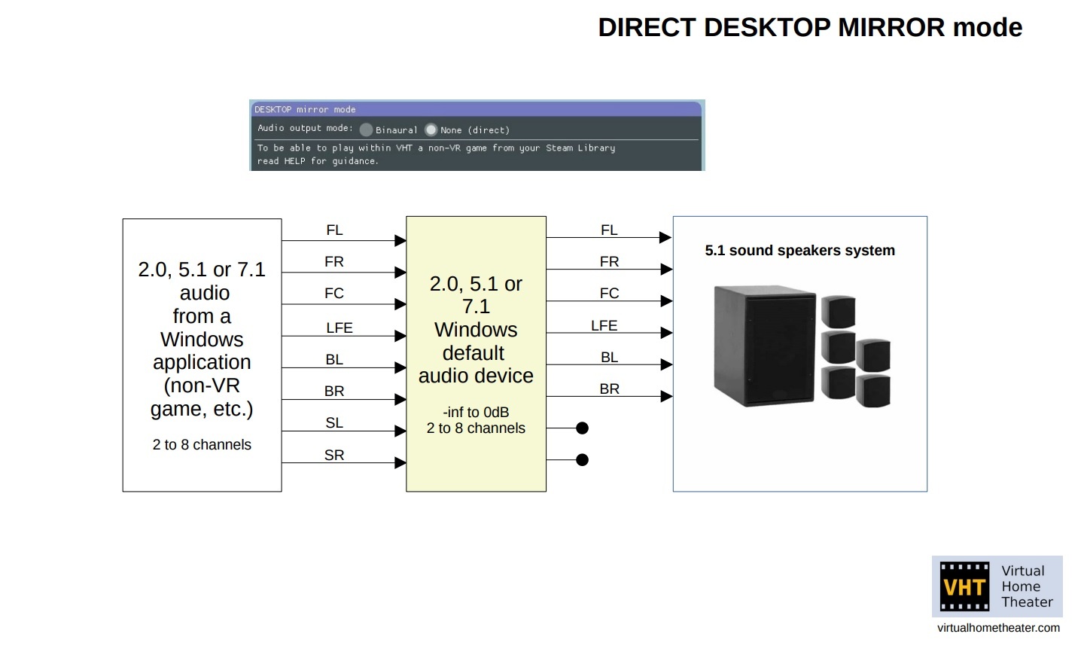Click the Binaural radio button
tap(367, 130)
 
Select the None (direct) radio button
tap(431, 130)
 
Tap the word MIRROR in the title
tap(891, 28)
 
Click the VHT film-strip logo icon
tap(965, 587)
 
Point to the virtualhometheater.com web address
tap(998, 628)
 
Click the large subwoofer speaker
tap(764, 346)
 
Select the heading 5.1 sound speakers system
tap(799, 251)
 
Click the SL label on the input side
tap(334, 423)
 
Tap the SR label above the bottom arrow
tap(334, 455)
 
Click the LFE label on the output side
tap(604, 325)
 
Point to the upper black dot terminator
tap(583, 428)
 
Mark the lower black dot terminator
tap(583, 459)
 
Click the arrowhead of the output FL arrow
tap(666, 237)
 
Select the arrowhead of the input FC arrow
tap(400, 303)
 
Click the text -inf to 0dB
tap(476, 412)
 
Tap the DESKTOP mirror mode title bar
tap(477, 109)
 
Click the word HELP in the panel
tap(294, 161)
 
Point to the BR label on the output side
tap(609, 389)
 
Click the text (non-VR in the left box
tap(202, 385)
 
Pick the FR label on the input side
tap(334, 262)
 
